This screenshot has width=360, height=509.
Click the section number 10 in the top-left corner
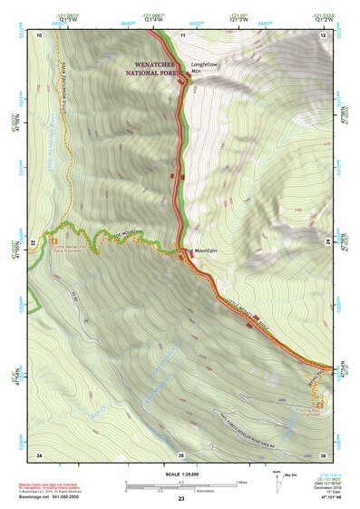pos(39,34)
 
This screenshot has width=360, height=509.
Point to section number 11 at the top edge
pos(181,34)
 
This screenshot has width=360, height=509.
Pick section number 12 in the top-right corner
pos(323,34)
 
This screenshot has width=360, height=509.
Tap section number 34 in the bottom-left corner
pos(39,454)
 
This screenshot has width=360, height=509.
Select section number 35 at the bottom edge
pos(181,454)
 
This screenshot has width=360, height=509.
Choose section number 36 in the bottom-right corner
pos(323,454)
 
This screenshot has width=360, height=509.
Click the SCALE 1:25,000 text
pos(180,473)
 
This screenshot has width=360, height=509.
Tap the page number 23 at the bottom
pos(180,500)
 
